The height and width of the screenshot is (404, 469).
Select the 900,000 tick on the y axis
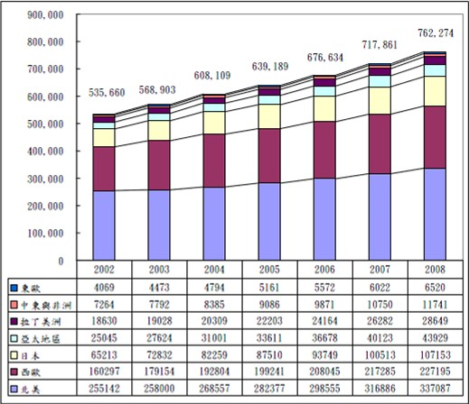[x=45, y=15]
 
